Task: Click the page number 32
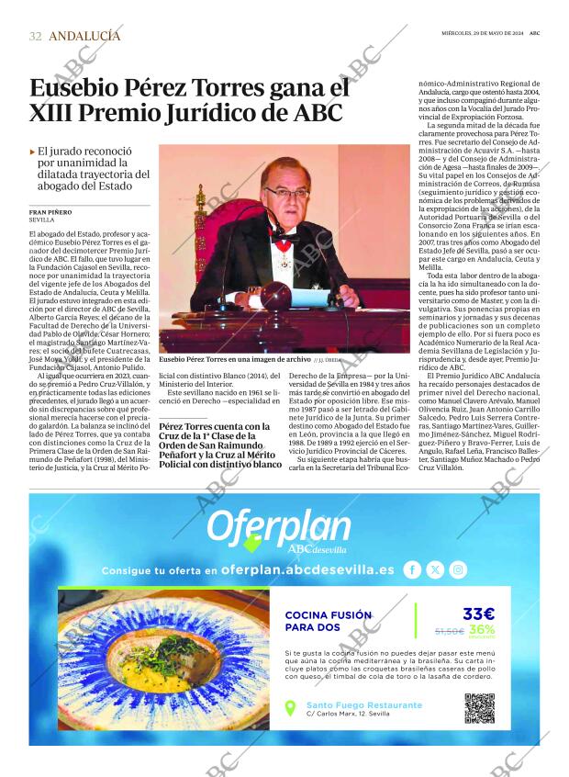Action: pyautogui.click(x=35, y=36)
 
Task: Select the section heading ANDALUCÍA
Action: pyautogui.click(x=84, y=36)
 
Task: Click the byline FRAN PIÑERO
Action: pyautogui.click(x=50, y=212)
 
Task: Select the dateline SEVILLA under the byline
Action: pyautogui.click(x=41, y=220)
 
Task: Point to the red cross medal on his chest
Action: pyautogui.click(x=284, y=247)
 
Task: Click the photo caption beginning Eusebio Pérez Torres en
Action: pyautogui.click(x=234, y=360)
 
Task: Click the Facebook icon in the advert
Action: pyautogui.click(x=413, y=569)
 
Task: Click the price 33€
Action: pyautogui.click(x=477, y=614)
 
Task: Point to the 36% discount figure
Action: pyautogui.click(x=482, y=630)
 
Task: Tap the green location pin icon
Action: pyautogui.click(x=290, y=708)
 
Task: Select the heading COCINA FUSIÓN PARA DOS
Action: pyautogui.click(x=328, y=621)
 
